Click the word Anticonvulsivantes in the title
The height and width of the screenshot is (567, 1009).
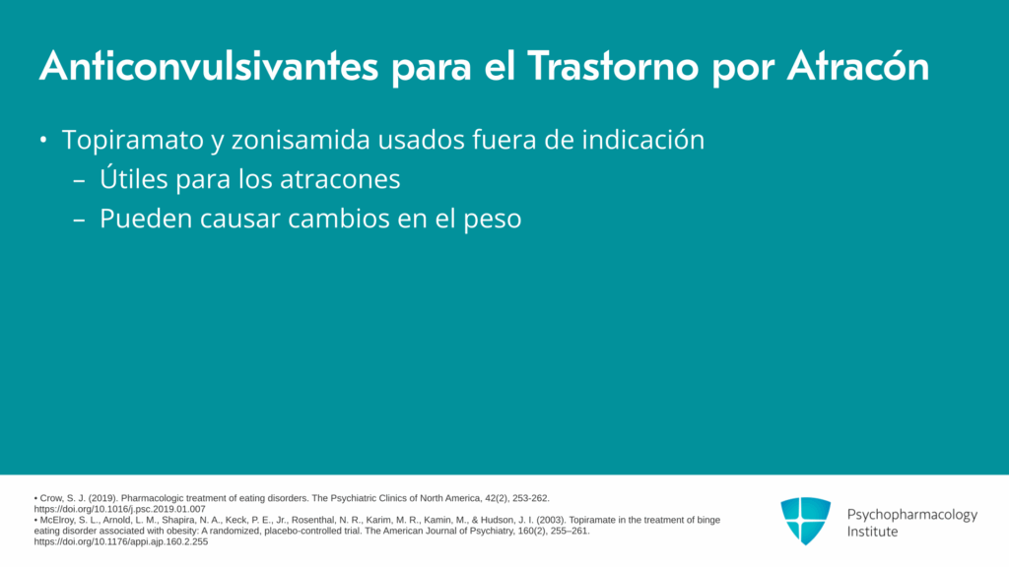209,66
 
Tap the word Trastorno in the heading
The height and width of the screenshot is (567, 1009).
613,66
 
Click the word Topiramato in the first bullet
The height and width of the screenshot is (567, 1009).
133,141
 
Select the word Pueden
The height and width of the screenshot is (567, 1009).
146,219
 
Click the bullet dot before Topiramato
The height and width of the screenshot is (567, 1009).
43,140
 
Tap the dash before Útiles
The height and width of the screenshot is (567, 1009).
79,181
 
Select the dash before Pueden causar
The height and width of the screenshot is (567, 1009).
79,220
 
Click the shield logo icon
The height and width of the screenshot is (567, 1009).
806,521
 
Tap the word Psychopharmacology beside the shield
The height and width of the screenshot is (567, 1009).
911,515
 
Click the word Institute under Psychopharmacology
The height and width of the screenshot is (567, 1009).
872,532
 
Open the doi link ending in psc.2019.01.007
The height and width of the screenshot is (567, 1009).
119,509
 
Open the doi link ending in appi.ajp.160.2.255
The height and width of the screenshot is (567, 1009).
121,541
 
